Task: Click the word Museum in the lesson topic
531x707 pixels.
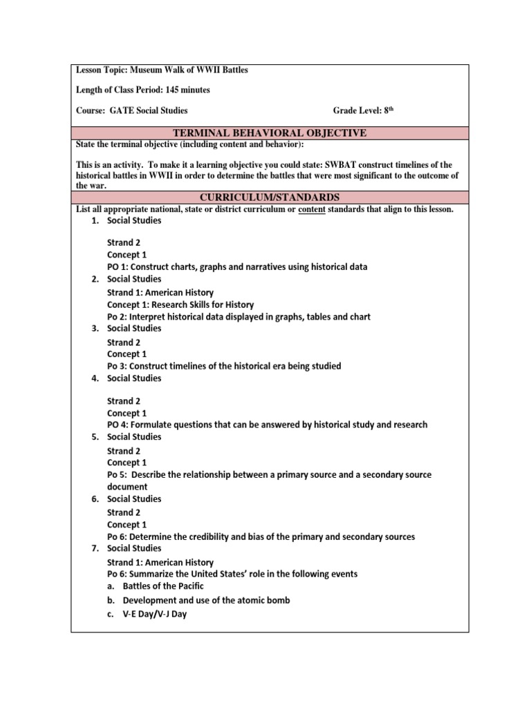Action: coord(154,70)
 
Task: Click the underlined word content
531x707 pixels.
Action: coord(312,209)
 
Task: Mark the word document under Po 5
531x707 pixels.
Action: coord(127,487)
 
